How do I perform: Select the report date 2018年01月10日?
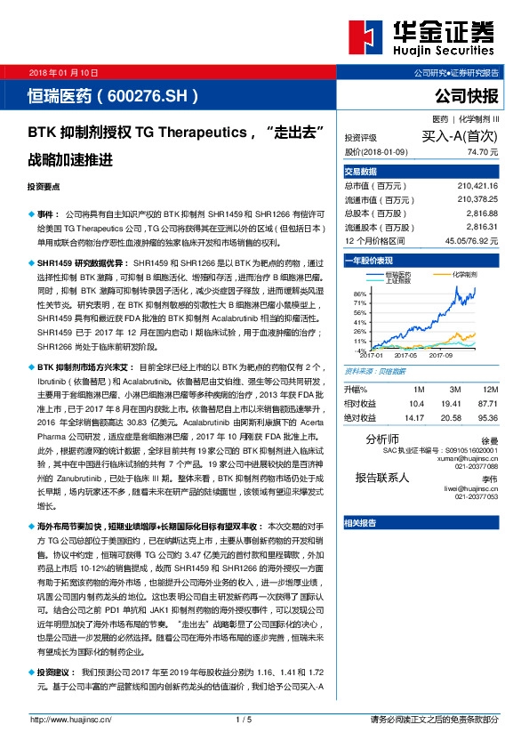coord(62,71)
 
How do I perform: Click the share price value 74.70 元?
coord(493,152)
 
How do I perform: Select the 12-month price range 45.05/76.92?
coord(483,240)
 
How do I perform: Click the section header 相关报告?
coord(361,522)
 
